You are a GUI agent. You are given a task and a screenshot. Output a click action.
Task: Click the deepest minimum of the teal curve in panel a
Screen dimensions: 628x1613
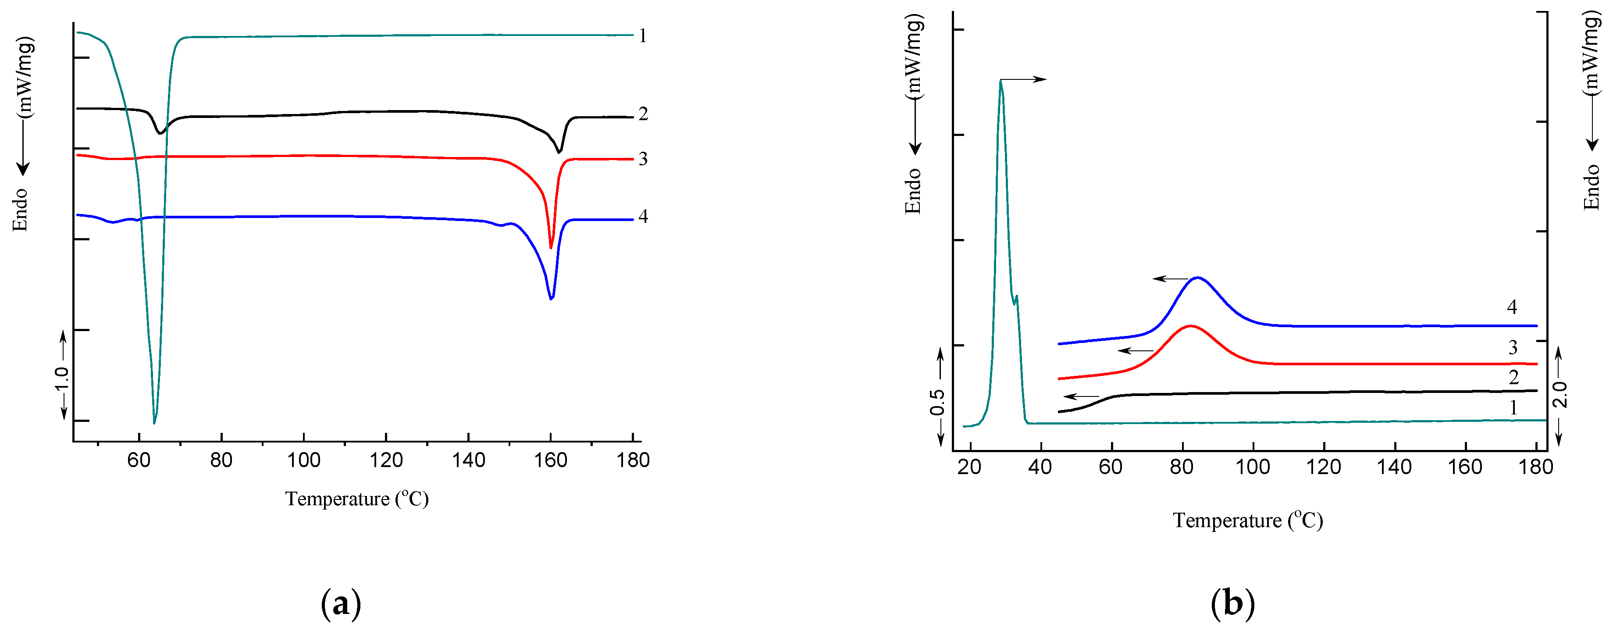[154, 423]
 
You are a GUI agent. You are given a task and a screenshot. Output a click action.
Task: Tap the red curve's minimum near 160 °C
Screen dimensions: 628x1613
[551, 247]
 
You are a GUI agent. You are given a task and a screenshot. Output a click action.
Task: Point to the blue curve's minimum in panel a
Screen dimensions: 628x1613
[551, 298]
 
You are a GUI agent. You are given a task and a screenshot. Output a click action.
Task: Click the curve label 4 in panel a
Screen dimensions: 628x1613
[642, 216]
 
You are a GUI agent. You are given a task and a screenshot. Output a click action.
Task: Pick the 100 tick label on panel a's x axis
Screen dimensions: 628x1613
[304, 461]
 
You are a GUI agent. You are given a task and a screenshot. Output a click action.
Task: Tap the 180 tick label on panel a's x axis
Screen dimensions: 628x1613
[632, 461]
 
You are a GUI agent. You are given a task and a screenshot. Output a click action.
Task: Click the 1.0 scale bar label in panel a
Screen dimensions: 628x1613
[61, 378]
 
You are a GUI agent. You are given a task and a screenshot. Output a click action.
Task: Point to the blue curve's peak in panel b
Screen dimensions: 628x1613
[1198, 277]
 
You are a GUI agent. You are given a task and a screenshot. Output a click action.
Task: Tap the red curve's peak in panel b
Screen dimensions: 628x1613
[1189, 326]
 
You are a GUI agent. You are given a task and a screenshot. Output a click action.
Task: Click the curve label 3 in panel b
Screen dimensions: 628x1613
[1512, 347]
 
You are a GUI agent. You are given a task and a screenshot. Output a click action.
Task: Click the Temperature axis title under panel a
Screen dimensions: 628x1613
[357, 499]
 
